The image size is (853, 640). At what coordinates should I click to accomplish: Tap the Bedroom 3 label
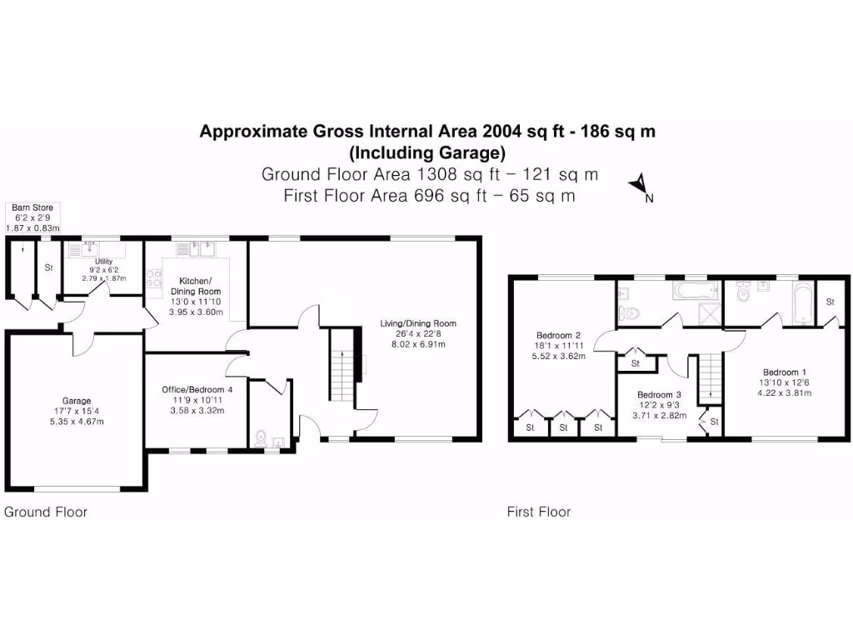pos(659,395)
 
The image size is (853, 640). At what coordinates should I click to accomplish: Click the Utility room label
pos(103,261)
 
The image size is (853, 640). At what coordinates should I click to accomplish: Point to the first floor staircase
pos(708,377)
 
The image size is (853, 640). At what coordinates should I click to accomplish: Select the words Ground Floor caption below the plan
pos(46,512)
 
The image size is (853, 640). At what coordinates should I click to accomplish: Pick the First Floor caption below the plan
pos(539,512)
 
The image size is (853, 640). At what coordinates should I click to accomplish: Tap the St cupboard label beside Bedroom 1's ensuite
pos(831,302)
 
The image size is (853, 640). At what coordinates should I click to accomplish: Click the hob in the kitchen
pos(153,279)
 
